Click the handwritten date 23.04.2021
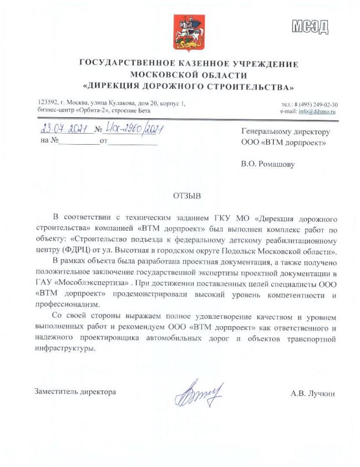tap(65, 130)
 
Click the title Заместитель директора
tap(75, 392)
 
